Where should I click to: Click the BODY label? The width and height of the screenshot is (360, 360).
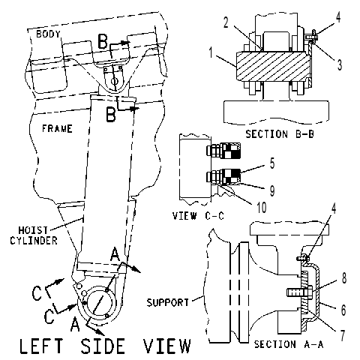tap(48, 34)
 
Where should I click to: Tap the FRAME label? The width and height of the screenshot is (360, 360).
tap(57, 129)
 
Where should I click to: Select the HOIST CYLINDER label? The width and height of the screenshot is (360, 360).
tap(34, 235)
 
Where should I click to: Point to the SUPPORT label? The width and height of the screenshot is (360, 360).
tap(168, 302)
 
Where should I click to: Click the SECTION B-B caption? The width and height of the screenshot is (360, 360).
tap(280, 134)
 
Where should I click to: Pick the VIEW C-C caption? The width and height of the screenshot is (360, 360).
tap(198, 216)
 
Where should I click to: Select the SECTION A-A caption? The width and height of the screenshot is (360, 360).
tap(289, 344)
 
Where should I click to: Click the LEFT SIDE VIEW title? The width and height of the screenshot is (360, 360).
tap(105, 346)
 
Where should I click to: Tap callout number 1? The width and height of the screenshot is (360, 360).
tap(211, 53)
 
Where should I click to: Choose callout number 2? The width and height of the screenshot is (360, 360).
tap(226, 22)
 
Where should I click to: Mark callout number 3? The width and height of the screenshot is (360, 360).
tap(340, 64)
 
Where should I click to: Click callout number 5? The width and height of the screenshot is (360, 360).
tap(272, 163)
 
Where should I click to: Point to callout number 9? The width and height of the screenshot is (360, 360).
tap(272, 190)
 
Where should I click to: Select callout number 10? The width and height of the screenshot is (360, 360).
tap(262, 207)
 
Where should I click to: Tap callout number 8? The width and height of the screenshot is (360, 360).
tap(344, 277)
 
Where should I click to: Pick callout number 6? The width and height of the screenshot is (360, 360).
tap(343, 310)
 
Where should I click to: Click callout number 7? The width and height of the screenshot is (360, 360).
tap(342, 335)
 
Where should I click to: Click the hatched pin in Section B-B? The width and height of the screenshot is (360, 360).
tap(272, 66)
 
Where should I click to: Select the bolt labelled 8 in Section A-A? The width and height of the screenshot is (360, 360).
tap(299, 292)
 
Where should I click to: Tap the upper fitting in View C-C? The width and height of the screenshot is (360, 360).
tap(223, 151)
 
